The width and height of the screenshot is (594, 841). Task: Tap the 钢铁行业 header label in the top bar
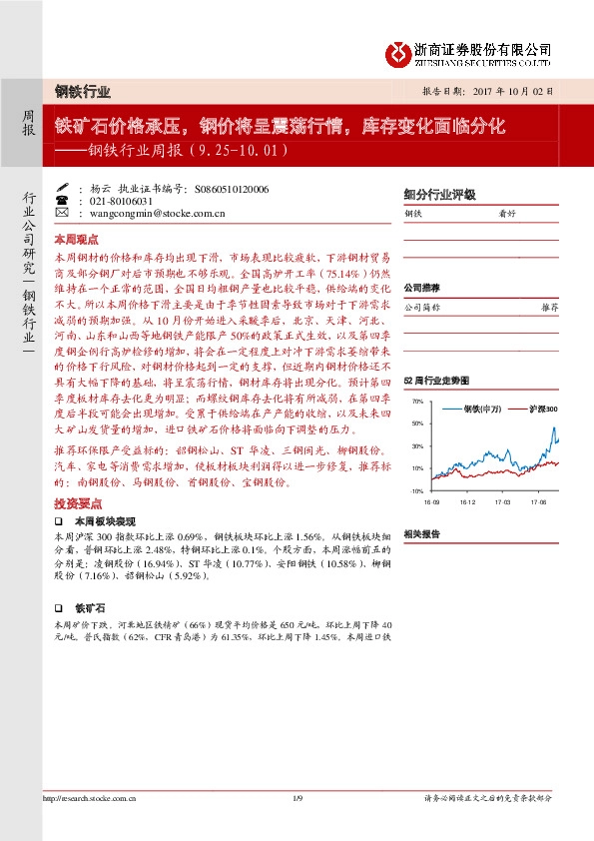tap(83, 91)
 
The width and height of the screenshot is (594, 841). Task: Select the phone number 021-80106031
tap(121, 200)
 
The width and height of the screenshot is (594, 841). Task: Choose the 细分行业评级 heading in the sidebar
tap(439, 195)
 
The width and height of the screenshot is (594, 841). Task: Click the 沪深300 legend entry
tap(536, 410)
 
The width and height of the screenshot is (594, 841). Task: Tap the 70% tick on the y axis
tap(417, 403)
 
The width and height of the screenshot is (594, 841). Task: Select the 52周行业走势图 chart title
tap(434, 382)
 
